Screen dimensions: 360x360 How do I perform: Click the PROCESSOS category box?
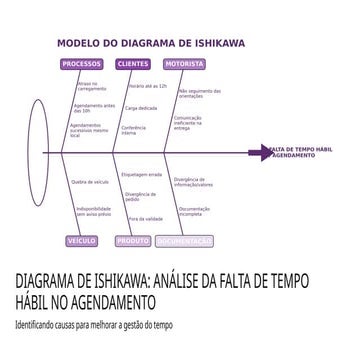[x=82, y=64]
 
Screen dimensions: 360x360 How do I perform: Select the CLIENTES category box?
[x=133, y=64]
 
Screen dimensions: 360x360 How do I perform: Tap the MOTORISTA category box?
[x=184, y=64]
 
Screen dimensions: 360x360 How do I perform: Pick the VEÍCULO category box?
[x=82, y=241]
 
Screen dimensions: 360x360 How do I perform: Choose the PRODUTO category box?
[x=133, y=241]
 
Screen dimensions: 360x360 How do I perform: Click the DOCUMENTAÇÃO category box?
[x=185, y=241]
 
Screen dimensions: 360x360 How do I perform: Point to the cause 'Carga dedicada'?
[x=141, y=107]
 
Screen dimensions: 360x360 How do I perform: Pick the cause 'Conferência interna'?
[x=135, y=130]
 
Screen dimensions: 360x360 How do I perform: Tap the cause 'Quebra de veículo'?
[x=90, y=182]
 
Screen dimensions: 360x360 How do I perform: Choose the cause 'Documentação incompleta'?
[x=194, y=211]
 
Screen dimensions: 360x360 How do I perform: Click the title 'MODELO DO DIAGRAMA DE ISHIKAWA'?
[x=150, y=44]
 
